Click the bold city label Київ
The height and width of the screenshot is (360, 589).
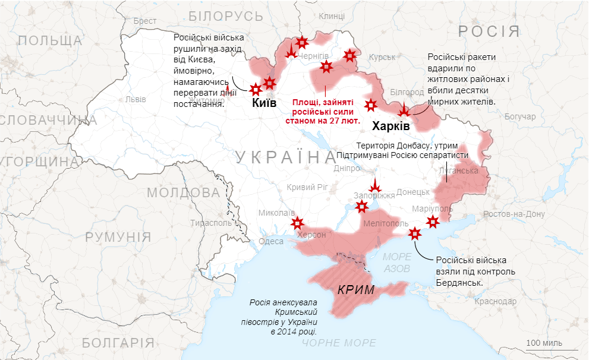[264, 103]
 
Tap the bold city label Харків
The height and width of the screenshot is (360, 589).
[390, 127]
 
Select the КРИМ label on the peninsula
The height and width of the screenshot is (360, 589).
[355, 290]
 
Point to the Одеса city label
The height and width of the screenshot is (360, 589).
[270, 241]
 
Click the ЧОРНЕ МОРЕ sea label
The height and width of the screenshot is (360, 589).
[339, 343]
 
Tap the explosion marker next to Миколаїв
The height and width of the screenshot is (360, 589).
[297, 223]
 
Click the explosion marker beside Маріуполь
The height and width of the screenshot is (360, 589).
[433, 222]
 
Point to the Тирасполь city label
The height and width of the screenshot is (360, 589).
[210, 223]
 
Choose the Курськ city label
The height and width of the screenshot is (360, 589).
[382, 57]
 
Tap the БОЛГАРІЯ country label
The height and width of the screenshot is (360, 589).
[118, 343]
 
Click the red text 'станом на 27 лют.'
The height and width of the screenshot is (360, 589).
[323, 120]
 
